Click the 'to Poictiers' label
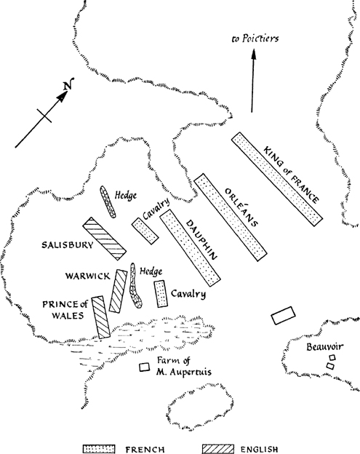255,39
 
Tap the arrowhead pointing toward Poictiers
254,54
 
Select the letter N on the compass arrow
68,84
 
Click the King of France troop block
277,179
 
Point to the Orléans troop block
231,218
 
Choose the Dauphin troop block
191,248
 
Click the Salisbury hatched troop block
105,239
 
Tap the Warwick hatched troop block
118,291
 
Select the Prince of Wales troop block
101,317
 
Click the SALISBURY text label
68,245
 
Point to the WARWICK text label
88,276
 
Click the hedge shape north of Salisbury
108,202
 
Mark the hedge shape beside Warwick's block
135,286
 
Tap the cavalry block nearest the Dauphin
145,231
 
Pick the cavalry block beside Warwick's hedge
161,294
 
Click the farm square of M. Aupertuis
145,367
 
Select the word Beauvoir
325,346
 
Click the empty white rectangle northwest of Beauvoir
284,316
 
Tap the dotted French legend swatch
99,449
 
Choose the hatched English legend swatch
218,449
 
